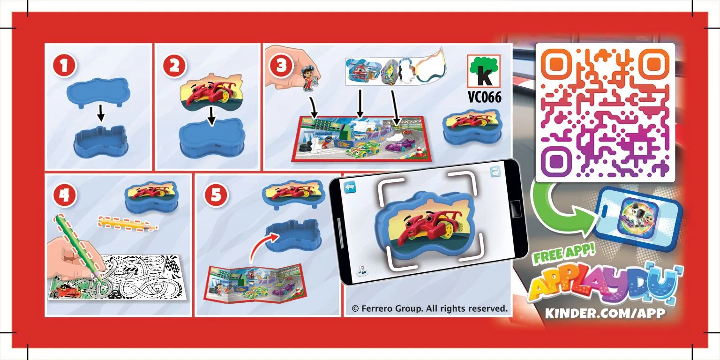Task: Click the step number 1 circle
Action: click(64, 66)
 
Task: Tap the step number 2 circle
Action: click(174, 66)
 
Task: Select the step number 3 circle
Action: click(281, 66)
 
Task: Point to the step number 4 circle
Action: click(64, 196)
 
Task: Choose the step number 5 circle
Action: click(216, 196)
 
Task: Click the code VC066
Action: click(485, 97)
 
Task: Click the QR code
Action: click(605, 112)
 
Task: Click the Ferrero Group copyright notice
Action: click(429, 308)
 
